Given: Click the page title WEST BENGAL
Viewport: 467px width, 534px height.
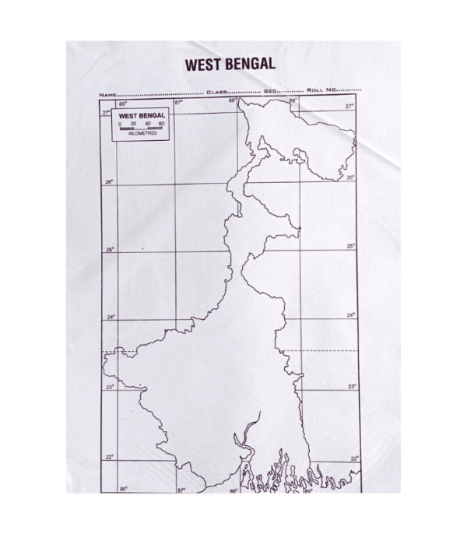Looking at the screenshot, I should click(229, 65).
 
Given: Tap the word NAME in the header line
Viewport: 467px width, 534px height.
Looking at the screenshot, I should click(107, 93).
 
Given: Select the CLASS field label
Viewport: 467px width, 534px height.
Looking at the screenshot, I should click(216, 93).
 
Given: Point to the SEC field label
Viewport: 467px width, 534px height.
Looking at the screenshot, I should click(271, 93).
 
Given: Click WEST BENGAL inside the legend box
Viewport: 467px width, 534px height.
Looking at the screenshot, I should click(142, 116).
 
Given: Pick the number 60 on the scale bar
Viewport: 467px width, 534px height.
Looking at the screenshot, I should click(161, 124).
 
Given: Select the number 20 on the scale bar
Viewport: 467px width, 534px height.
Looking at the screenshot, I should click(134, 124).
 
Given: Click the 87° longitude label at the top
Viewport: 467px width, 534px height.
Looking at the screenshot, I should click(177, 102).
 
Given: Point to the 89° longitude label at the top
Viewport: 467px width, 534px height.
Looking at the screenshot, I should click(293, 100).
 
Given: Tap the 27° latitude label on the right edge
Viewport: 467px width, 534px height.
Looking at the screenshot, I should click(349, 107).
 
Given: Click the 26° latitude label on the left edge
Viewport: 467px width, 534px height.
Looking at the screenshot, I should click(109, 182).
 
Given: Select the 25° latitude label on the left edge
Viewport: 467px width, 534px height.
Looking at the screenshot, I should click(110, 250).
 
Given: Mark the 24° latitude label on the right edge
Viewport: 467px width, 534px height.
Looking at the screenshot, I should click(351, 315).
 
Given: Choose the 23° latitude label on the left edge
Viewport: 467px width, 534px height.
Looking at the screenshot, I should click(110, 387).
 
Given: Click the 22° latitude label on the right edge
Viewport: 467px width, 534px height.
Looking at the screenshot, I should click(353, 458).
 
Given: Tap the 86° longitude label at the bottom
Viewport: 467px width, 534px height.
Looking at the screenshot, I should click(123, 489).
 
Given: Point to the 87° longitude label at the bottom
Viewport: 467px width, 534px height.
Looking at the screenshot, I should click(181, 490).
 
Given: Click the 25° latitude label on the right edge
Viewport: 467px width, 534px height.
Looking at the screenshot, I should click(351, 246).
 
